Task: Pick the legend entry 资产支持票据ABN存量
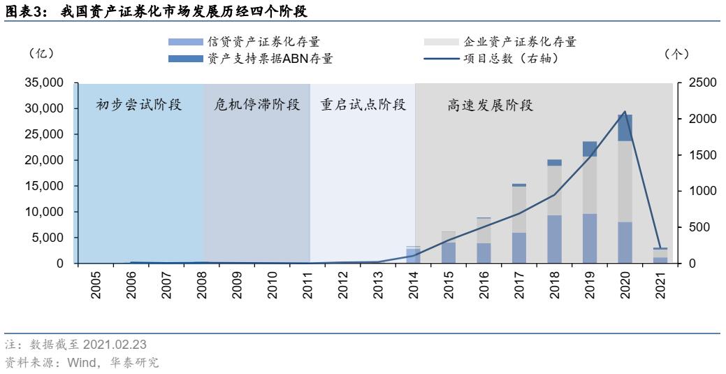point(269,59)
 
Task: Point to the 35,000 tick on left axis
point(44,83)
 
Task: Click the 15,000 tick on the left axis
point(44,186)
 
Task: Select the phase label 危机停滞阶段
point(256,106)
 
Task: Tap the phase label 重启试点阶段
point(363,106)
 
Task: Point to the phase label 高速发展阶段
point(490,106)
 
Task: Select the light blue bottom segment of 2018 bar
point(554,239)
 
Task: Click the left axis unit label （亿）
point(41,53)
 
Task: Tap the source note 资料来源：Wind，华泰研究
point(82,362)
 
